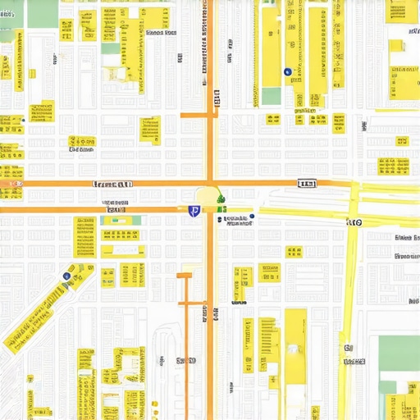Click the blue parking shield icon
(194, 212)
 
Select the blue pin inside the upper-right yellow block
(287, 72)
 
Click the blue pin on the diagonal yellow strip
(66, 276)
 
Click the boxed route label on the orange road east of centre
(307, 184)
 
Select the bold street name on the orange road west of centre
(113, 185)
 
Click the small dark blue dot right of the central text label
(253, 217)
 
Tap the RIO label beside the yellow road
(356, 221)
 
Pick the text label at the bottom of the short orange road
(186, 360)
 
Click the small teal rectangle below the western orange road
(132, 220)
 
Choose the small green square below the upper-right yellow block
(272, 97)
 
